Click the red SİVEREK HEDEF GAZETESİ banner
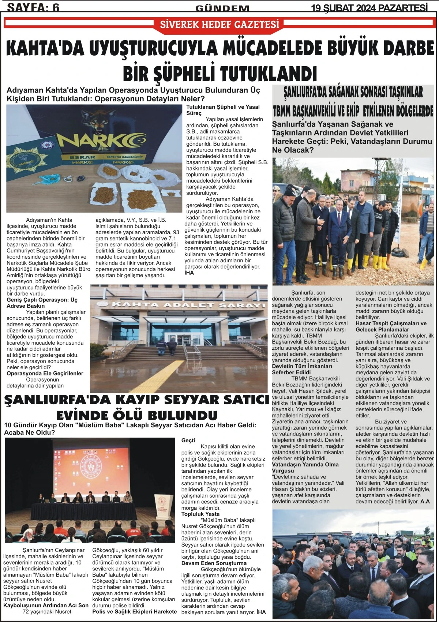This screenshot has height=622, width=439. pos(219,24)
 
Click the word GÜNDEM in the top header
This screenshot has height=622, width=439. pos(222,8)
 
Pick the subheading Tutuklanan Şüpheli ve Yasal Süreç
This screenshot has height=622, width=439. pos(223,110)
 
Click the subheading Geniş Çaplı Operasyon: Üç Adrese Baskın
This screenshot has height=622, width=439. pos(42,303)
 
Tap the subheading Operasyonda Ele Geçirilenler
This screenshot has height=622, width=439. pos(45,374)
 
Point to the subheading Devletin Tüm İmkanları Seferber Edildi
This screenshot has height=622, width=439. pos(302,369)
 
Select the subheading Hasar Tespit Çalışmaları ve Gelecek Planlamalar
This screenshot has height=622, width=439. pos(391,326)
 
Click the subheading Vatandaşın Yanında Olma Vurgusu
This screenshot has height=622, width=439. pos(305,468)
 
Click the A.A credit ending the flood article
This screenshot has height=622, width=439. pos(425,501)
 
